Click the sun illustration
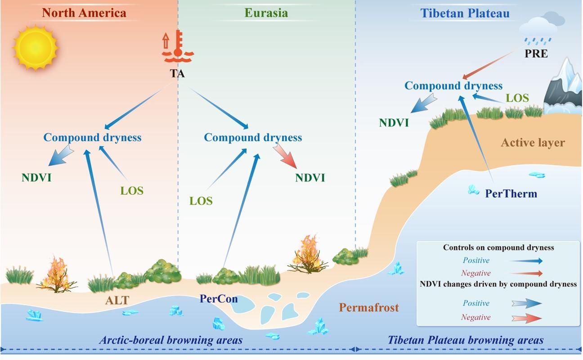pos(36,47)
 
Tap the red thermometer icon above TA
pos(178,46)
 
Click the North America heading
pos(84,13)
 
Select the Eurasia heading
pos(266,13)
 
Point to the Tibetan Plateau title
pos(465,13)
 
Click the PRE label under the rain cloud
pos(536,54)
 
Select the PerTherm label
pos(511,193)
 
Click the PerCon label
pos(219,299)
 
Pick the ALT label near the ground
pos(117,301)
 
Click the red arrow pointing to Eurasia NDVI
pos(285,156)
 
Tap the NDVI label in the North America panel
pos(36,178)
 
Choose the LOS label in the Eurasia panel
pos(201,201)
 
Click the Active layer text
pos(533,142)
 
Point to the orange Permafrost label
pos(369,307)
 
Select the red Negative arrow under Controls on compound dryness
pos(526,273)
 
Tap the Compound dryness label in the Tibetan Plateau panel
pos(453,85)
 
